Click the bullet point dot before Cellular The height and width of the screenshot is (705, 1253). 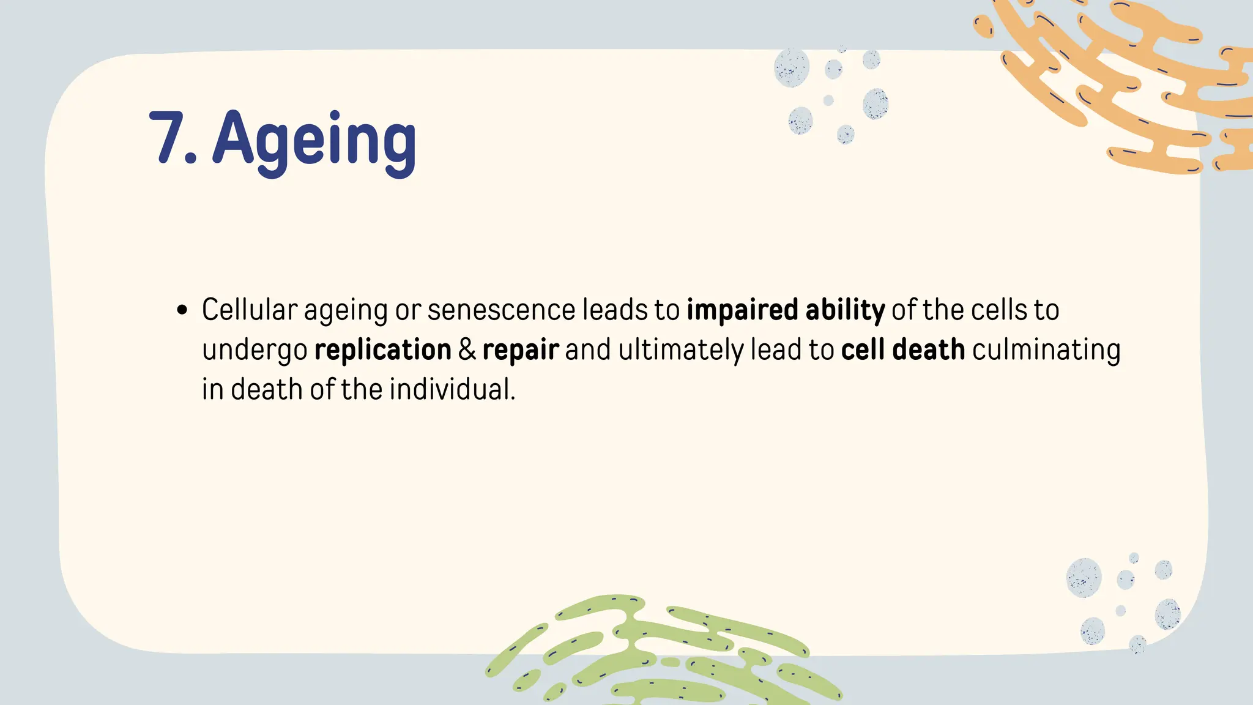[182, 310]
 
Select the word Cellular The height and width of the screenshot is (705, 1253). [250, 310]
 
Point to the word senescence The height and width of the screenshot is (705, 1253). [501, 310]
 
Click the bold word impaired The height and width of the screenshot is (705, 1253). [742, 310]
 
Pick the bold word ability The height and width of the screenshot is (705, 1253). [845, 310]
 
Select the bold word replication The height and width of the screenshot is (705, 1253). [383, 350]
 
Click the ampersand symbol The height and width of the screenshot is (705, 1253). [467, 350]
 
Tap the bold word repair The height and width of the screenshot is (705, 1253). [521, 350]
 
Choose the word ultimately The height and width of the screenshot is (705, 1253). [681, 350]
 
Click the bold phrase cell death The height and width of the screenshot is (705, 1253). [903, 350]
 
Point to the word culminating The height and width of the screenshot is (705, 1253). [1046, 350]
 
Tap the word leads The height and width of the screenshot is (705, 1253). [615, 310]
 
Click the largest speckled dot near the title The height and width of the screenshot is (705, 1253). [792, 67]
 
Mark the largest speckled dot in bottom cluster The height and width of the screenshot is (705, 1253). [1084, 578]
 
